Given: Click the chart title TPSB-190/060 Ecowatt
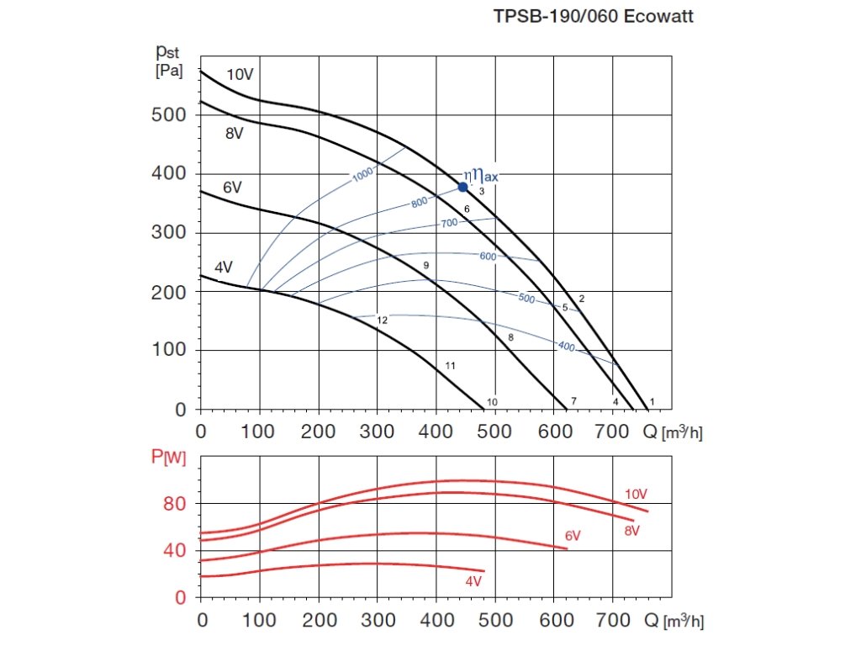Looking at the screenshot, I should (x=593, y=17).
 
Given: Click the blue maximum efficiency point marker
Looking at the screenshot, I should (x=462, y=187).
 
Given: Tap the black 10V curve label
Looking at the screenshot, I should (x=240, y=75).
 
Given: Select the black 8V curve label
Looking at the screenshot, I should (x=234, y=132).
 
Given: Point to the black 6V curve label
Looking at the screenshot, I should (x=232, y=188).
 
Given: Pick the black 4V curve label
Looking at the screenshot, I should (x=223, y=267).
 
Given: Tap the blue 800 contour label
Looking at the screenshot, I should (x=420, y=203).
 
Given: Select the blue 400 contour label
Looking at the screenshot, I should (x=566, y=346).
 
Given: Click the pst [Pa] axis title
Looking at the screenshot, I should (x=168, y=61).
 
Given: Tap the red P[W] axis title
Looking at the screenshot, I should (x=168, y=458).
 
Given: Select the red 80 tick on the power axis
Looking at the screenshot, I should (x=174, y=504).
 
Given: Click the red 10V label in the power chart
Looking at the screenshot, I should (x=637, y=494).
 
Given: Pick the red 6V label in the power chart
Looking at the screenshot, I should (x=573, y=535).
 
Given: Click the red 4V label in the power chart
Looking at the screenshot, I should (x=473, y=581).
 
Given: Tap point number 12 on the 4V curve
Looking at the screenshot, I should (x=382, y=320).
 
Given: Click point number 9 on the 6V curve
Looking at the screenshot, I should (x=426, y=266).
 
